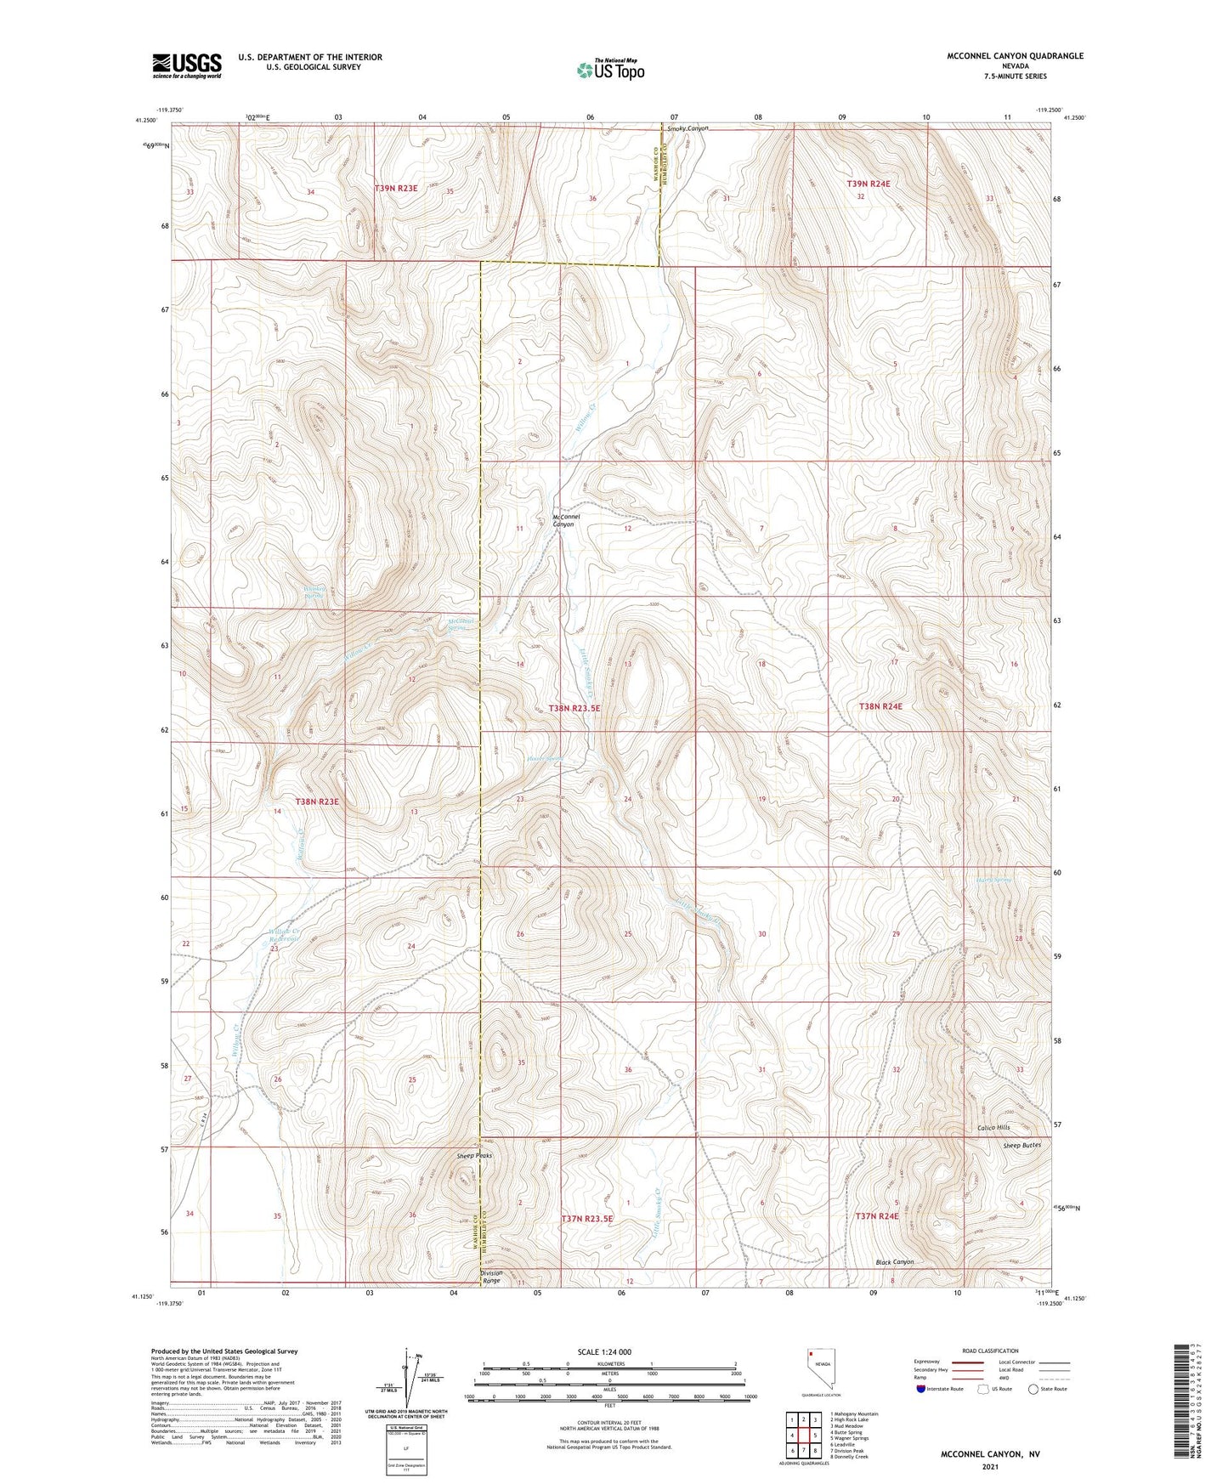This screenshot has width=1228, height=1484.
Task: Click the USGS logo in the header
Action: pyautogui.click(x=187, y=65)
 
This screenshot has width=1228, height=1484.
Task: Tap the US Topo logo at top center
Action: pyautogui.click(x=610, y=69)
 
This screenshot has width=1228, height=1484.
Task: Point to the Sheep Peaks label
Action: pyautogui.click(x=474, y=1156)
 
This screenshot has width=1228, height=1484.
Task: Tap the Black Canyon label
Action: pyautogui.click(x=895, y=1262)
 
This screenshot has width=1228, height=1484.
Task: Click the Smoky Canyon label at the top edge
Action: pyautogui.click(x=688, y=128)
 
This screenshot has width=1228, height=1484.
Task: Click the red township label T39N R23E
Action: pyautogui.click(x=396, y=188)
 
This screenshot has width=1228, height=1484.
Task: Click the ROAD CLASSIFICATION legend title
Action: pyautogui.click(x=990, y=1351)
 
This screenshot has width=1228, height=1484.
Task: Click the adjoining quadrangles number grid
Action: pyautogui.click(x=803, y=1436)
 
